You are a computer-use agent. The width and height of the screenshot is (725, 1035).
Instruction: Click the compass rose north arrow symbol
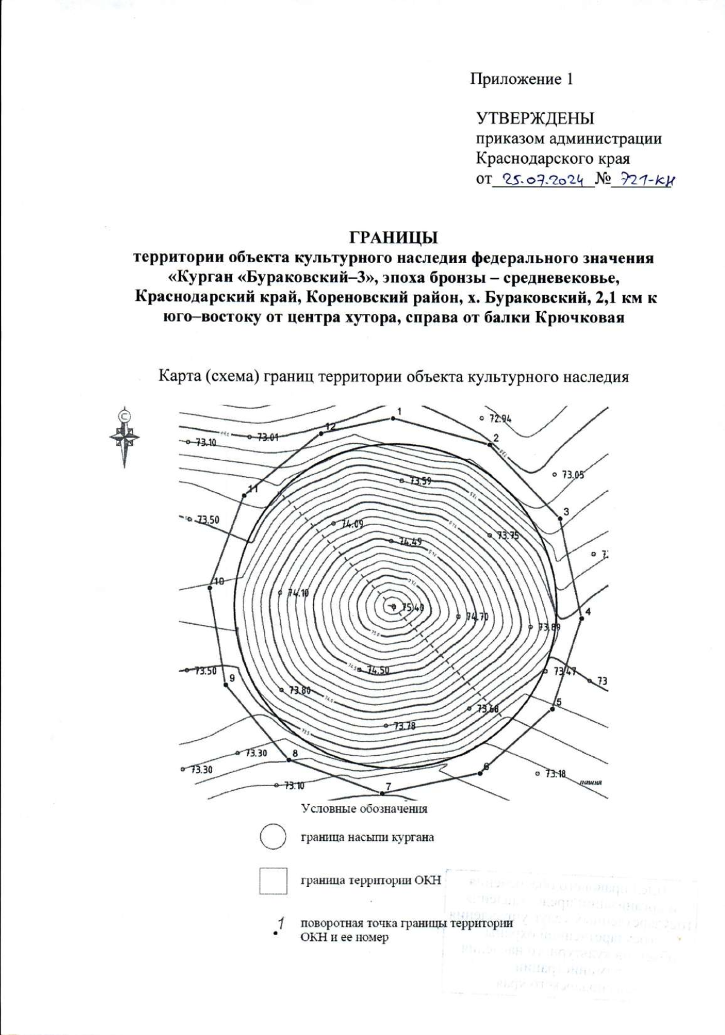(x=124, y=436)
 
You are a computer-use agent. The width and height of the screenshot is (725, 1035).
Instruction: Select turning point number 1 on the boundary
(x=393, y=418)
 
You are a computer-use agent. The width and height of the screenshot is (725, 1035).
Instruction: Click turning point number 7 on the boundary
(x=382, y=793)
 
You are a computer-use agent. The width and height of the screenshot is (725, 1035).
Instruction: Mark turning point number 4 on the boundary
(x=581, y=617)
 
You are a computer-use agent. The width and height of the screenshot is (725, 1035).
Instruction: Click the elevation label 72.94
(x=500, y=418)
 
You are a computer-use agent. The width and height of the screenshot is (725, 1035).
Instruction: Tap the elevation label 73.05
(x=573, y=475)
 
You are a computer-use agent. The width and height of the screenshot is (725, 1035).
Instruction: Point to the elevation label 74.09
(x=352, y=524)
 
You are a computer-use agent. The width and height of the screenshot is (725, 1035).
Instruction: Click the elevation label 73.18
(x=555, y=773)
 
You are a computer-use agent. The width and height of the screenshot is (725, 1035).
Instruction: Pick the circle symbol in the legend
(x=272, y=837)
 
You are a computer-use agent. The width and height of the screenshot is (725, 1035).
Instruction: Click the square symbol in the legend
(x=273, y=881)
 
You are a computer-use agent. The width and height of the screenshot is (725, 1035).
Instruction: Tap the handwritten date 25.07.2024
(x=543, y=179)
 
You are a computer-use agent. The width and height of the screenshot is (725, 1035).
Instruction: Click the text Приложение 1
(x=521, y=79)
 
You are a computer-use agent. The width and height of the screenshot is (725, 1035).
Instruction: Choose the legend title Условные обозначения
(x=364, y=808)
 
